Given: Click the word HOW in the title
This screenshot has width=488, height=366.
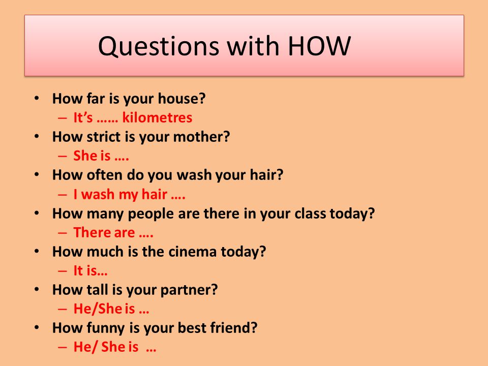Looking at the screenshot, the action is (x=319, y=46).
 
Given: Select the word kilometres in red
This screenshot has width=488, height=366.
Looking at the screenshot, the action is (x=157, y=117).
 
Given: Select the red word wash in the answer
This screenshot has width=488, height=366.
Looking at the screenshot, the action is (x=98, y=195).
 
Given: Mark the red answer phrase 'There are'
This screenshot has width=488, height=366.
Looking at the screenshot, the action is (x=104, y=233).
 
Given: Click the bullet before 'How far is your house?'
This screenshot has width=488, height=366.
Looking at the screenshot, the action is (x=37, y=99).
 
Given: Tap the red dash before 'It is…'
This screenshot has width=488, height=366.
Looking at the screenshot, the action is (x=62, y=271).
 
